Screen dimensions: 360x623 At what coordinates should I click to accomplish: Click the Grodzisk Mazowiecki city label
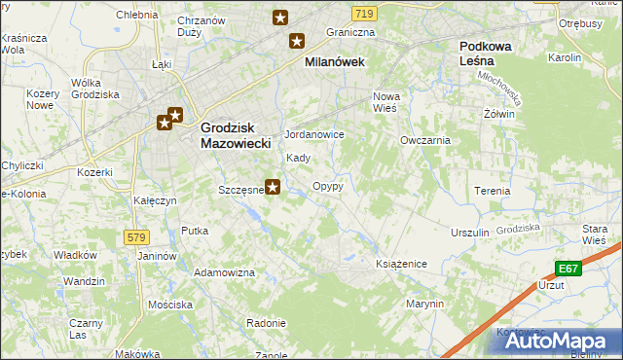(235, 134)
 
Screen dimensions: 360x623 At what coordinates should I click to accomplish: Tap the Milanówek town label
(334, 60)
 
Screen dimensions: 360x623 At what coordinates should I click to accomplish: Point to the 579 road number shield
(135, 236)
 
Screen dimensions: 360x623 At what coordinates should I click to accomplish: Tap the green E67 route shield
(569, 269)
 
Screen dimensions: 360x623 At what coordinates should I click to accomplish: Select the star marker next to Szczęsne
(274, 188)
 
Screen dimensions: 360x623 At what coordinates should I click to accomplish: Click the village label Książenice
(402, 264)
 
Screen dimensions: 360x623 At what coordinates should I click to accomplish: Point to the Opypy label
(327, 185)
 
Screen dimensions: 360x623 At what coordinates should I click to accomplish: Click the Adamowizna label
(230, 272)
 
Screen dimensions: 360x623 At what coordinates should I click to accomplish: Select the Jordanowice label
(313, 134)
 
